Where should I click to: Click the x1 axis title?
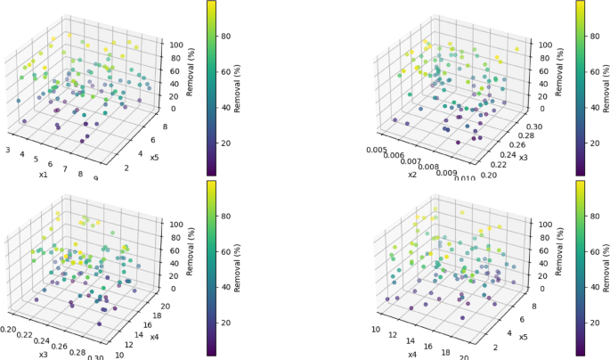[43, 175]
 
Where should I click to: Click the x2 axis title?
[413, 175]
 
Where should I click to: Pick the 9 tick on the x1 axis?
[96, 177]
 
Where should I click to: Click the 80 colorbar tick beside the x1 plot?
[227, 37]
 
